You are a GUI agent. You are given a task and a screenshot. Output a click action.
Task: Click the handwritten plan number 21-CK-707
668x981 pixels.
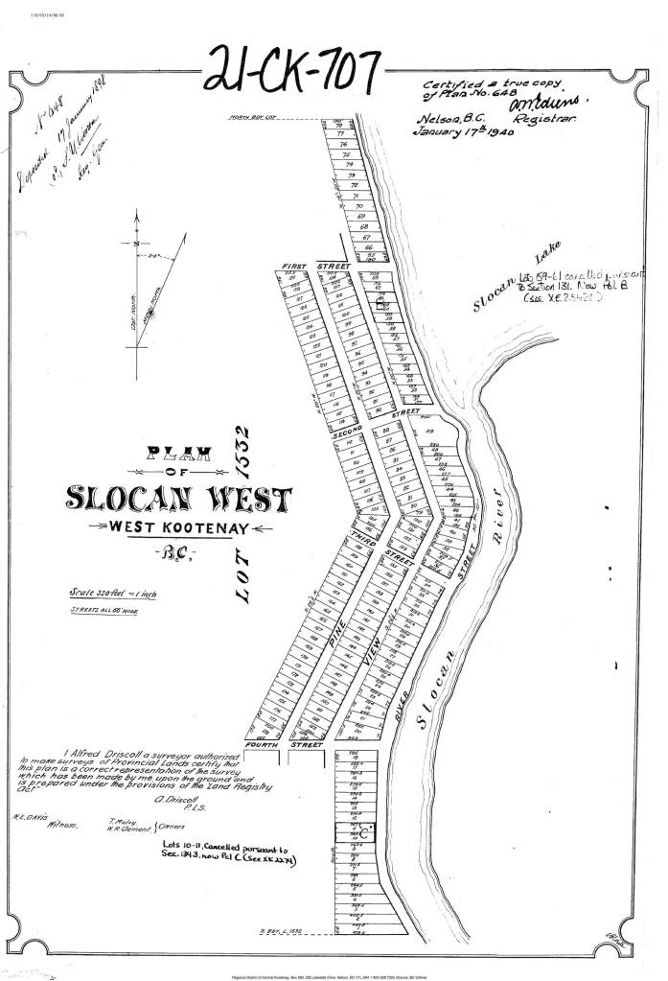point(294,68)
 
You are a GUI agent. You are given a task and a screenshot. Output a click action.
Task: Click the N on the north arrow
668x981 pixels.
point(137,244)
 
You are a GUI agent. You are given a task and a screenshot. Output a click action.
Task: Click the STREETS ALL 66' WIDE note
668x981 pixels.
point(100,610)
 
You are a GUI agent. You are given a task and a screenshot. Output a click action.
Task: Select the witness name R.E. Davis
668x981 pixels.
point(29,818)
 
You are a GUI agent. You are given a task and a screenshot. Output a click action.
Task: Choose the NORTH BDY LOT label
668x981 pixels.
point(252,118)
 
